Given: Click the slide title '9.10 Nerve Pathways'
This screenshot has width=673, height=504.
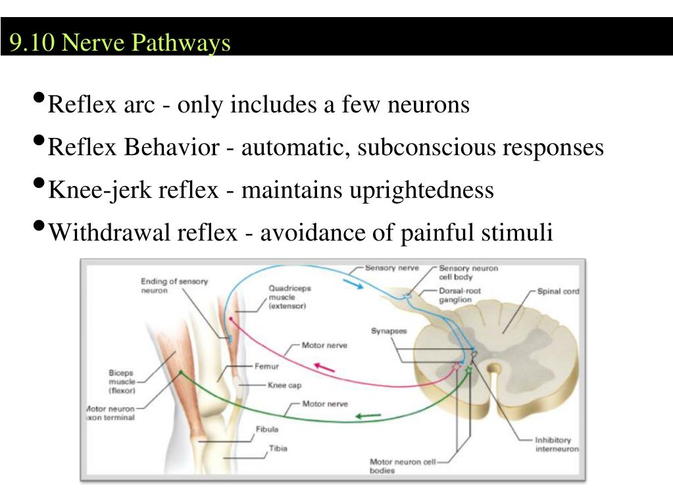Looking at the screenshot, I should click(x=120, y=43).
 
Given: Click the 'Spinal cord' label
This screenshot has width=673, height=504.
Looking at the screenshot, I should click(x=558, y=290).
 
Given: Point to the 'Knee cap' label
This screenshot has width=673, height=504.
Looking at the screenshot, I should click(x=284, y=385).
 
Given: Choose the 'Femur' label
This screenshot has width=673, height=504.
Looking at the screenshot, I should click(x=266, y=366).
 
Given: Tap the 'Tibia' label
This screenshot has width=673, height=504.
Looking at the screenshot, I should click(x=278, y=449).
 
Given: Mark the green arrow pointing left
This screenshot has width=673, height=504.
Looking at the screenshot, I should click(x=368, y=415).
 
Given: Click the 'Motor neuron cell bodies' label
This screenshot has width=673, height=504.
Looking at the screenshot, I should click(x=403, y=467).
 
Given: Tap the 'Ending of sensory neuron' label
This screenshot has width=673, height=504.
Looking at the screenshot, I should click(x=174, y=286).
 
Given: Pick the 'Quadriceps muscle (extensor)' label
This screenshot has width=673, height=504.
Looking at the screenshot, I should click(x=289, y=296).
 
